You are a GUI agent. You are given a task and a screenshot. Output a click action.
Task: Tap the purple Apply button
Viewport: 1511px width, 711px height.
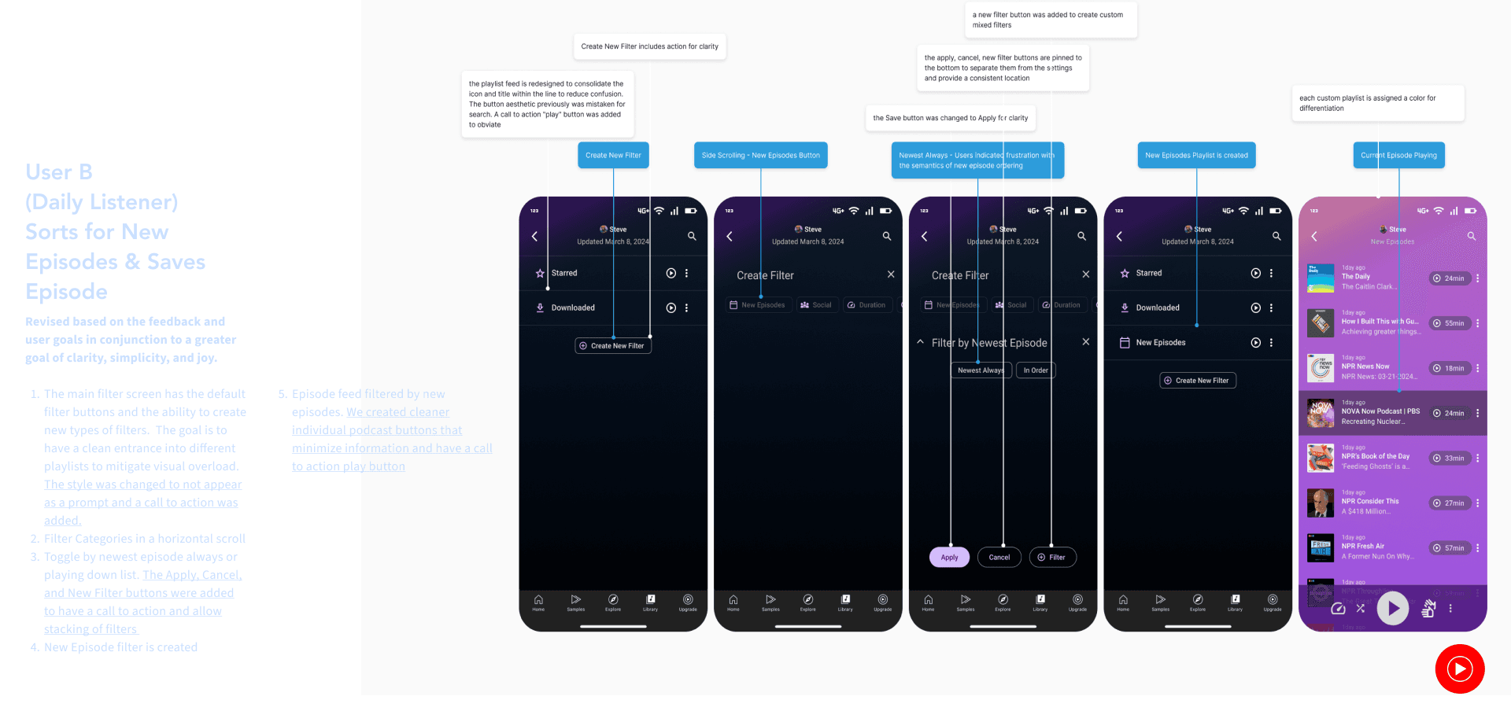click(x=949, y=558)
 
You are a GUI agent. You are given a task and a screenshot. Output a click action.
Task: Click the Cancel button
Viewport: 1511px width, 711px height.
click(x=999, y=558)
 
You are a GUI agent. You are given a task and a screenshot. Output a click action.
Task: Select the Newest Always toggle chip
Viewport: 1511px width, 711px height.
click(x=980, y=370)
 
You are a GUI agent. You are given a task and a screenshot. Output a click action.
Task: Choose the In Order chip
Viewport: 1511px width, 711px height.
click(x=1035, y=370)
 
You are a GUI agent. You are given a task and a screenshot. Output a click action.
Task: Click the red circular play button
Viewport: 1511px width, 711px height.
click(x=1459, y=669)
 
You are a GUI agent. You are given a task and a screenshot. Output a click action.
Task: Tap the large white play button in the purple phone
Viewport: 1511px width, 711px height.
click(x=1392, y=608)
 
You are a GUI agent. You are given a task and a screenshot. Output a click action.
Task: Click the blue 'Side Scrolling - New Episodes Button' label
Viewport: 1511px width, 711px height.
click(x=760, y=156)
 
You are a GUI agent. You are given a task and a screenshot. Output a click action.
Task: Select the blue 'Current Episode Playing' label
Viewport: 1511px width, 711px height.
click(x=1398, y=156)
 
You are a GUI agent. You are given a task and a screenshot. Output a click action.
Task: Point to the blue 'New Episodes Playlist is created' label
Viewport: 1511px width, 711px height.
click(x=1196, y=156)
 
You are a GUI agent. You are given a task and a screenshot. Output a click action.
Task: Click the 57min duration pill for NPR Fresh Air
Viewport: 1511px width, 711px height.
click(x=1450, y=548)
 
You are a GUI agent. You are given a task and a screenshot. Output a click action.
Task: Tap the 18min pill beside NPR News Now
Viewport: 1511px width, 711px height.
click(x=1450, y=368)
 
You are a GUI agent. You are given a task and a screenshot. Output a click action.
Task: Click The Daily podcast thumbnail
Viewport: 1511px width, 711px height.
click(x=1321, y=278)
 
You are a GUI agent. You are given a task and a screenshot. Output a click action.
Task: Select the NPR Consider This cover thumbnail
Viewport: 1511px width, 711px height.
click(x=1321, y=503)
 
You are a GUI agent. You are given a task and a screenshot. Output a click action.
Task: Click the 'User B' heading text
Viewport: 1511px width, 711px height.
click(x=59, y=172)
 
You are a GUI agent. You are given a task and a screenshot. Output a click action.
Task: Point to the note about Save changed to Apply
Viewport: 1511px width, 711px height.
click(x=950, y=118)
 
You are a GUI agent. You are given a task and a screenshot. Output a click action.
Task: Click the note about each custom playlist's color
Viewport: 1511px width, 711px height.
click(x=1377, y=103)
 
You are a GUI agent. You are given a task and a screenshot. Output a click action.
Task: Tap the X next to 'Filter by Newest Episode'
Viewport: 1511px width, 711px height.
click(x=1085, y=342)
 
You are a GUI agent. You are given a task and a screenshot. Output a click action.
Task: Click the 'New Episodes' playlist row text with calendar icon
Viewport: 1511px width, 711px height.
click(x=1160, y=343)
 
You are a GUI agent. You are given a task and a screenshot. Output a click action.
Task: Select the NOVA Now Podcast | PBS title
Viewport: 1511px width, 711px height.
click(x=1380, y=411)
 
